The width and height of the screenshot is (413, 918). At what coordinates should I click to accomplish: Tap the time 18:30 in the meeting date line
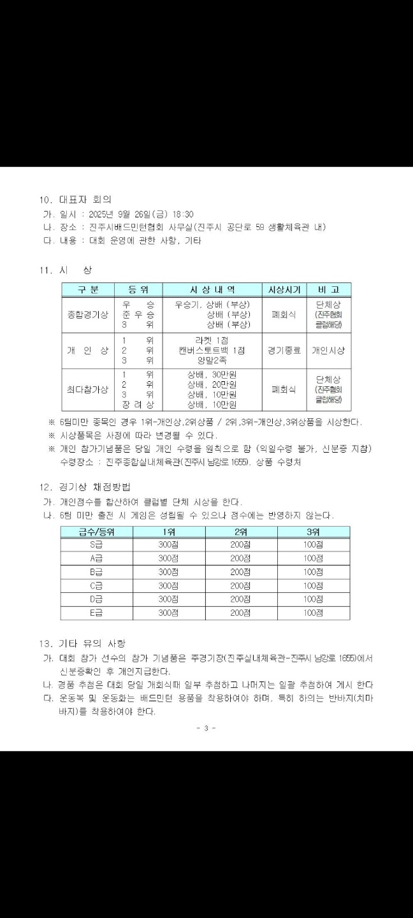(x=182, y=214)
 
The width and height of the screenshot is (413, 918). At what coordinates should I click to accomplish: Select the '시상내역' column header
(x=212, y=289)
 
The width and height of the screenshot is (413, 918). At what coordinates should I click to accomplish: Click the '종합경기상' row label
(x=88, y=314)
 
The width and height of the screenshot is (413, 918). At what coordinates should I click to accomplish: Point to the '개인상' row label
(x=88, y=350)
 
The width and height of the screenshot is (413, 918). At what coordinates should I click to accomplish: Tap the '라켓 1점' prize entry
(x=212, y=340)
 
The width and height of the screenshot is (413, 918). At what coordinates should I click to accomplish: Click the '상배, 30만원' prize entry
(x=212, y=374)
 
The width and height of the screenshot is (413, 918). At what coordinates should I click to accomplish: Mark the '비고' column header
(x=328, y=289)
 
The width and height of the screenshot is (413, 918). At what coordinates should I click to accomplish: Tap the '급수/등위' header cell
(x=97, y=532)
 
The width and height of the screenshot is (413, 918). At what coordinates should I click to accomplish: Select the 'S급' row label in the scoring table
(x=97, y=544)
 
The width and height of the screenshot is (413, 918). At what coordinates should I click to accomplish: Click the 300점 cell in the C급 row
(x=168, y=585)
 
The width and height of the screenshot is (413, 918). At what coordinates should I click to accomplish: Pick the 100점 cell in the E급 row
(x=313, y=613)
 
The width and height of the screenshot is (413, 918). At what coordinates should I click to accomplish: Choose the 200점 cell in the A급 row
(x=240, y=558)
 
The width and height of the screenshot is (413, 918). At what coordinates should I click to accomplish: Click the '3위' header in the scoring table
(x=313, y=532)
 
